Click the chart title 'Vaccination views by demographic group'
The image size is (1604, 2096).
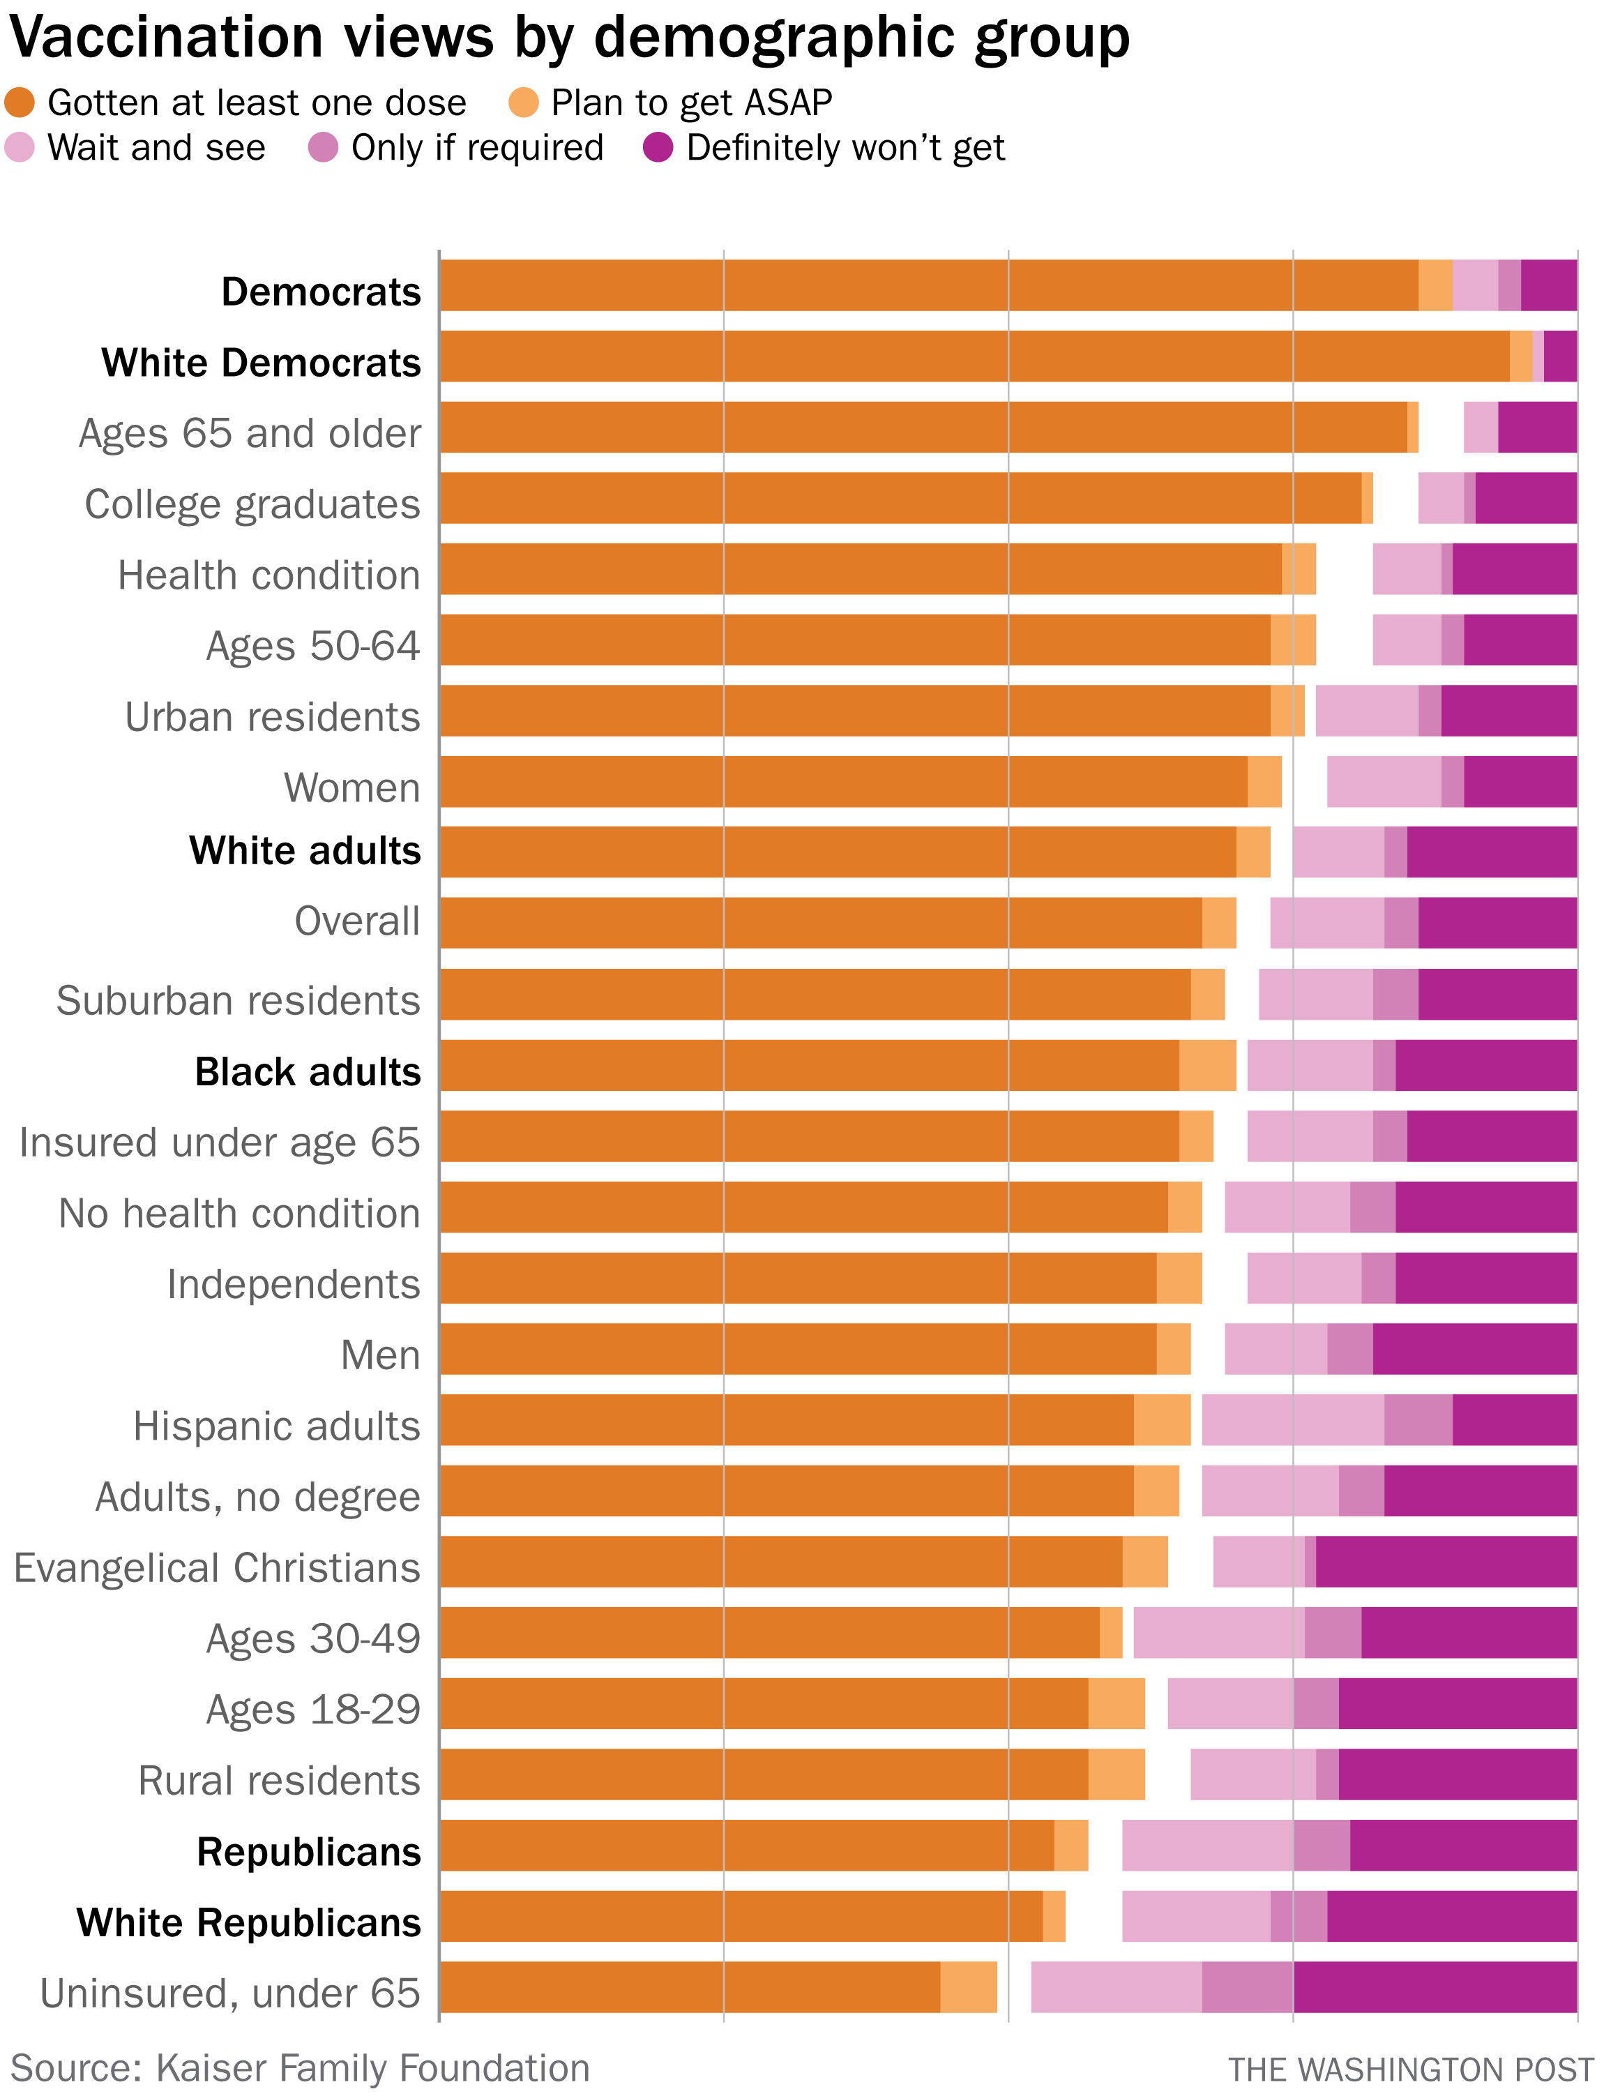[x=569, y=38]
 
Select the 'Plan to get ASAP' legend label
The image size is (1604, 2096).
[x=691, y=102]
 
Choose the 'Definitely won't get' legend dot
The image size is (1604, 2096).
[x=658, y=148]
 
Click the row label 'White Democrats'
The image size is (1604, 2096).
[x=261, y=363]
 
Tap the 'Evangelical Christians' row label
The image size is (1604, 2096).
[x=217, y=1568]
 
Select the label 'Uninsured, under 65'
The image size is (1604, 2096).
[x=230, y=1993]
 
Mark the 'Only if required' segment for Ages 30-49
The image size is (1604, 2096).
[x=1332, y=1633]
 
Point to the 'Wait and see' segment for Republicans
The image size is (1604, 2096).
[x=1208, y=1845]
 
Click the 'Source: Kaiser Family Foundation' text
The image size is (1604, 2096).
[x=300, y=2067]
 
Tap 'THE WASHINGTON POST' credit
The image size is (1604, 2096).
[x=1409, y=2069]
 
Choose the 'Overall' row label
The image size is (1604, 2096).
[x=357, y=921]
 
